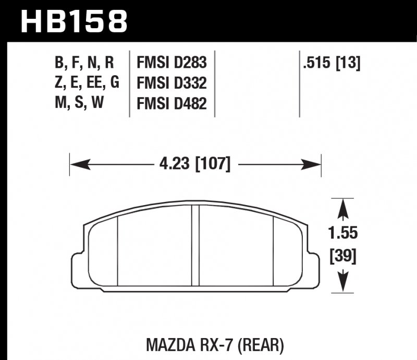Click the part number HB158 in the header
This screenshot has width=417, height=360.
[73, 21]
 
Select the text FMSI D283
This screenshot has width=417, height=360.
[171, 64]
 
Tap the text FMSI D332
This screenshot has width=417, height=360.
[171, 83]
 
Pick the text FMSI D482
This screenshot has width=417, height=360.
[171, 103]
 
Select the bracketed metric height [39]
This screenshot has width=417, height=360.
[343, 256]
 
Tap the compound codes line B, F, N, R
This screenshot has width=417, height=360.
[84, 64]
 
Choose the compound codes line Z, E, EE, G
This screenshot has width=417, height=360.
[87, 83]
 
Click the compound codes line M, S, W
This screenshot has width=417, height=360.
[78, 103]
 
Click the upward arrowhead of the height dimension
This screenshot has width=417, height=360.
[343, 210]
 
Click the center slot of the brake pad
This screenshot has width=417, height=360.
[196, 245]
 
